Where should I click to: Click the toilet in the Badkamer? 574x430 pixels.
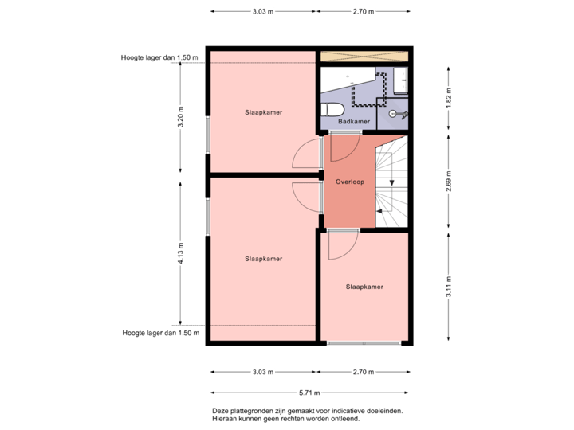[x=336, y=109]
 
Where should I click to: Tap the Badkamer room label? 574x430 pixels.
[x=353, y=122]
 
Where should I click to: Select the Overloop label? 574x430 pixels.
[x=349, y=182]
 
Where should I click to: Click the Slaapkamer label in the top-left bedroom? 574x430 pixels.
[x=264, y=112]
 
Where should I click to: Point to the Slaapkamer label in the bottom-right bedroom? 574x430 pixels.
[x=364, y=286]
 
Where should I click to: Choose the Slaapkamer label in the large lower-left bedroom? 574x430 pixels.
[x=264, y=258]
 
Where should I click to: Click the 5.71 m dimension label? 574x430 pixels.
[x=309, y=392]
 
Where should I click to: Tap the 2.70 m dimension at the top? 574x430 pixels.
[x=363, y=12]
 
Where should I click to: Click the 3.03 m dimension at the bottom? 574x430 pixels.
[x=262, y=372]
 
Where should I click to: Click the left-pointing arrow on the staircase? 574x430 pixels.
[x=381, y=211]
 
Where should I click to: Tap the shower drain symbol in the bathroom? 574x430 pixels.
[x=392, y=115]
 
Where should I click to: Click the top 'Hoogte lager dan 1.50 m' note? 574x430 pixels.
[x=159, y=57]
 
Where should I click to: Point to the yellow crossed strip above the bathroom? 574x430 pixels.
[x=364, y=57]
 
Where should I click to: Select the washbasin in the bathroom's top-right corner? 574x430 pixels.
[x=400, y=79]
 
